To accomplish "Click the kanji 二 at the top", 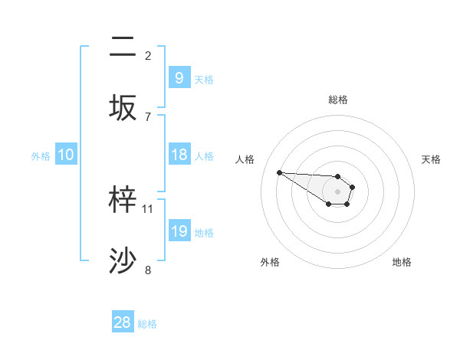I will (x=123, y=47).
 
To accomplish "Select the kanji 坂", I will (x=123, y=108).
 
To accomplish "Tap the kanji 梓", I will (x=123, y=201).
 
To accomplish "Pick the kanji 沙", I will (x=123, y=261).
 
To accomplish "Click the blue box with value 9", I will (x=179, y=77).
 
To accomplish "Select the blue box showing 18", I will (x=179, y=155).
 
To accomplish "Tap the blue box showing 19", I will (x=179, y=231).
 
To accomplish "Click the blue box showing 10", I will (x=66, y=155).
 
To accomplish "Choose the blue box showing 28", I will (x=123, y=322).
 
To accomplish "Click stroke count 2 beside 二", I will (x=148, y=56).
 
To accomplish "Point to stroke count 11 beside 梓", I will (x=148, y=208).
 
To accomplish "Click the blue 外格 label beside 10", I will (x=41, y=155).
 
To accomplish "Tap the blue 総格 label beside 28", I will (x=147, y=324).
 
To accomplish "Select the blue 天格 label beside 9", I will (x=204, y=79).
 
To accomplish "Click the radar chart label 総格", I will (x=338, y=100).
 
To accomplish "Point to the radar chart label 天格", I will (x=431, y=159).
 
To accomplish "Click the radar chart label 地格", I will (x=402, y=262).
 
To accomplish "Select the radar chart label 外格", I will (x=270, y=262).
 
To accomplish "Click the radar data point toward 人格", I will (x=279, y=172).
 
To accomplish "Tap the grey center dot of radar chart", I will (x=337, y=191).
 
